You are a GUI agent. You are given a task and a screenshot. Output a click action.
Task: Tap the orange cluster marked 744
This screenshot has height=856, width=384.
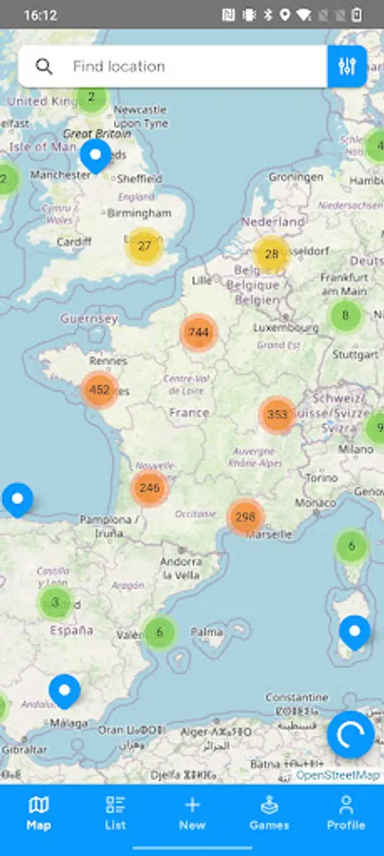(x=199, y=333)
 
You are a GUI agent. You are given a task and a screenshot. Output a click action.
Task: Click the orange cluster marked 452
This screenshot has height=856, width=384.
(x=99, y=390)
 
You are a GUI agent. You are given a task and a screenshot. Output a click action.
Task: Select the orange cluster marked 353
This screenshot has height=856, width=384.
(x=278, y=415)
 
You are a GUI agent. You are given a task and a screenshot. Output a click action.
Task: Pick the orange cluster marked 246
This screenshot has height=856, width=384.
(x=149, y=489)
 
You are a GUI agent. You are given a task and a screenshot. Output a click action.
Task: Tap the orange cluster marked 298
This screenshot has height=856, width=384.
(x=245, y=517)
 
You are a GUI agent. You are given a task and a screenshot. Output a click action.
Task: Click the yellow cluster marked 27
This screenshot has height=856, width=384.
(x=144, y=246)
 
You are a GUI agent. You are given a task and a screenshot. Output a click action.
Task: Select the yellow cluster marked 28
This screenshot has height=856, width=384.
(x=272, y=254)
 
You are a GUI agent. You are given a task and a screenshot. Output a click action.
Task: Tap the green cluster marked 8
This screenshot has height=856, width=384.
(x=345, y=316)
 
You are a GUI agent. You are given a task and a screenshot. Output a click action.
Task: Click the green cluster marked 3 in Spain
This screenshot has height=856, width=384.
(x=55, y=602)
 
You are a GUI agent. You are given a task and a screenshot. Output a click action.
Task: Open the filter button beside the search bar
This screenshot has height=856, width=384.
(x=347, y=67)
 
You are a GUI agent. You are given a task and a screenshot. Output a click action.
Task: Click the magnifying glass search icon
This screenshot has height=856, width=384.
(x=44, y=67)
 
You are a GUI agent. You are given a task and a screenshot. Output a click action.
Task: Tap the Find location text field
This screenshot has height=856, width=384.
(x=190, y=67)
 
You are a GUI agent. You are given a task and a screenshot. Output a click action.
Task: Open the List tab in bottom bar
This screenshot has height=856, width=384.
(x=115, y=813)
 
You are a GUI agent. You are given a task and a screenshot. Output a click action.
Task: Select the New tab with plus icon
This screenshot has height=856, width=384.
(x=192, y=813)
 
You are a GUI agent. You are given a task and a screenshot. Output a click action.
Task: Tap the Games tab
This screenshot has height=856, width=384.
(x=269, y=813)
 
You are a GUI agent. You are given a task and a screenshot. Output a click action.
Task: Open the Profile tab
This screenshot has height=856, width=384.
(x=346, y=813)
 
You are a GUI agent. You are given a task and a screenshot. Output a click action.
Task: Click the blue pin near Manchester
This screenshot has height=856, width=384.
(x=95, y=155)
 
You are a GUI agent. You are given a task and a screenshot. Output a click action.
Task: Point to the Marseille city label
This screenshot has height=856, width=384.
(x=267, y=535)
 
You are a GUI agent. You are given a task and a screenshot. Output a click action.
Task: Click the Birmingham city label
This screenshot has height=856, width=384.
(x=140, y=213)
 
